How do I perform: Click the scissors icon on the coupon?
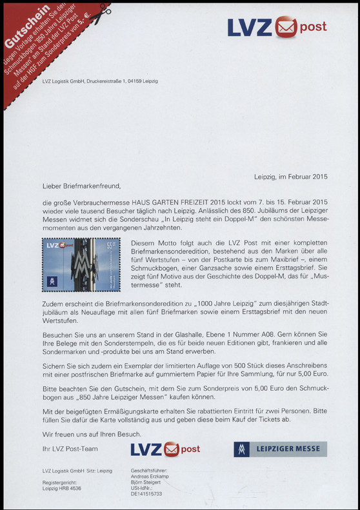point(101,21)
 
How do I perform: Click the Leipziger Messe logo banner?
point(280,449)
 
